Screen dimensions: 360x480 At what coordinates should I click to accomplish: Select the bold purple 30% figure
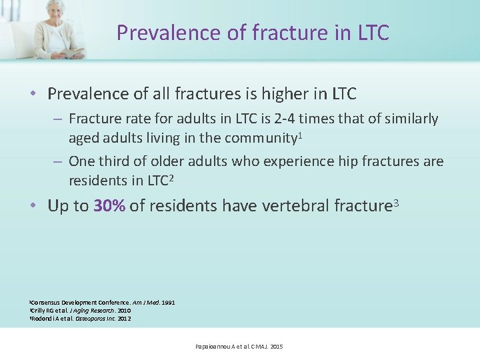coord(110,206)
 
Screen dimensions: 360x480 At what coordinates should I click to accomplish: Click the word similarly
coord(409,119)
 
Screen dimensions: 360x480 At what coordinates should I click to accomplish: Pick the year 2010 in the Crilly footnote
coord(124,311)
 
